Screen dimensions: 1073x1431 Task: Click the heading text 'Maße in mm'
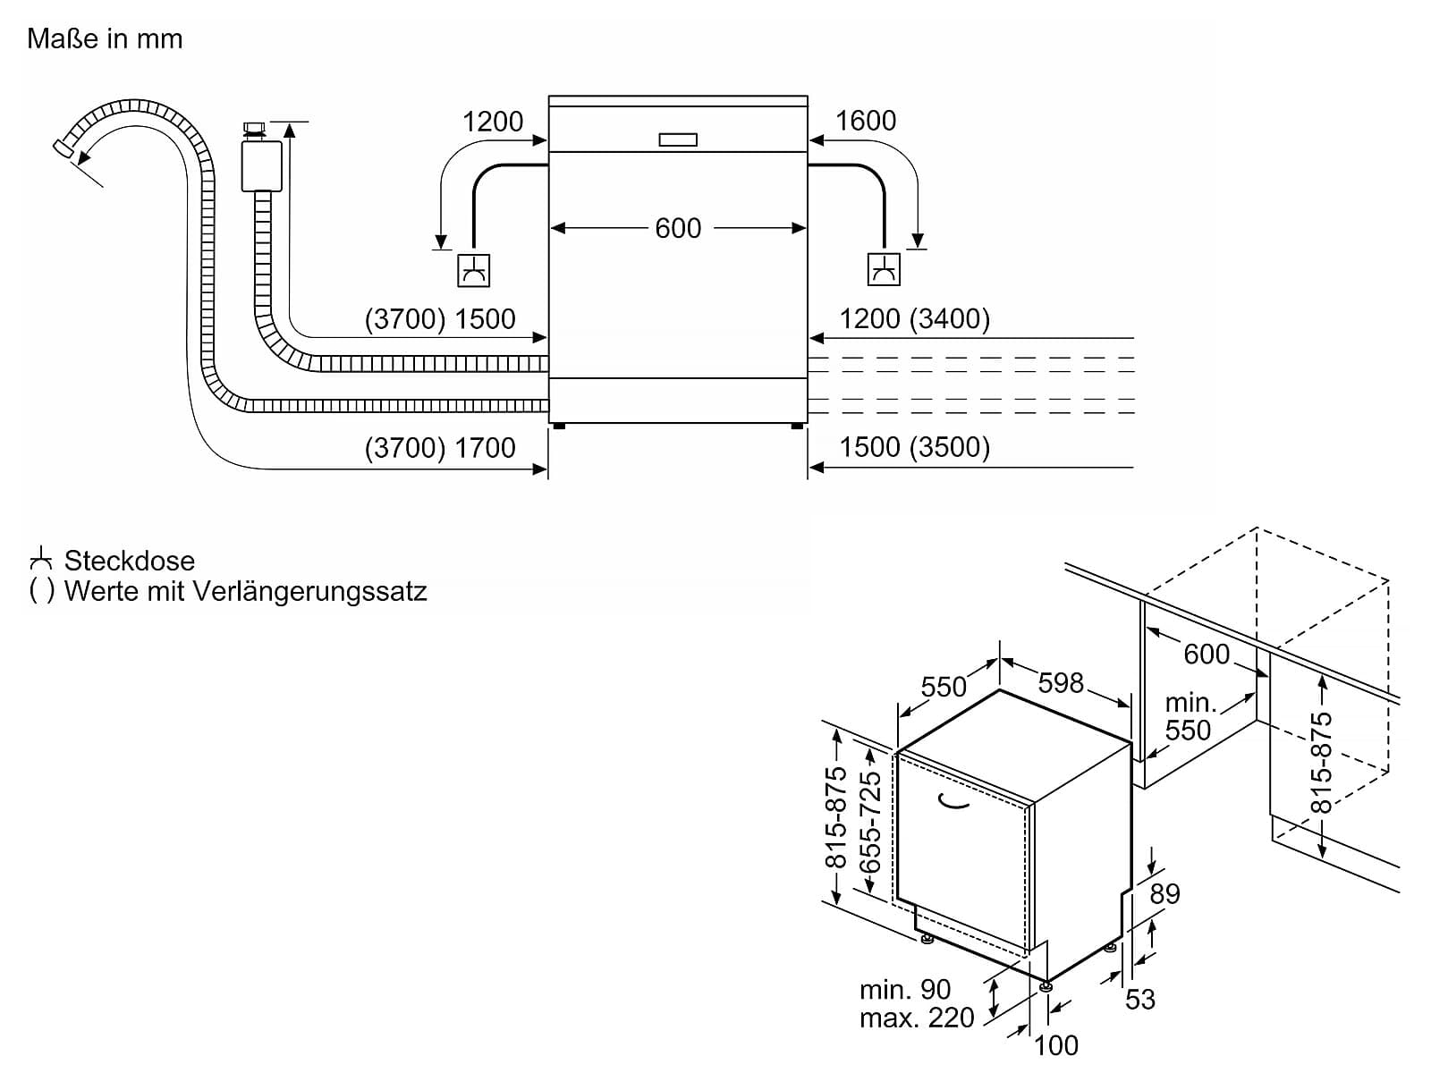[105, 38]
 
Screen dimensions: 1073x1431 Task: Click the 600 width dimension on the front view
[678, 228]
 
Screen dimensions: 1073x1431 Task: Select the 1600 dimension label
[865, 121]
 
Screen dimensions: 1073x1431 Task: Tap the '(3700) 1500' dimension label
[440, 319]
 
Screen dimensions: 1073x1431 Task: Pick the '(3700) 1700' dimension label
[440, 447]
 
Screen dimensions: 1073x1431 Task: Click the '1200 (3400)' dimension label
[914, 319]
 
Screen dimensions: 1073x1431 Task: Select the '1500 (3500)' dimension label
[914, 447]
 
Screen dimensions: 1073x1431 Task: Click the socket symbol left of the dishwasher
[473, 270]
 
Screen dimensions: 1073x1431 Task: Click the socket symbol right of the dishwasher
[884, 269]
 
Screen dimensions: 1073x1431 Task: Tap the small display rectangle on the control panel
[678, 139]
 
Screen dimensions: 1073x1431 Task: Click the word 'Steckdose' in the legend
[130, 561]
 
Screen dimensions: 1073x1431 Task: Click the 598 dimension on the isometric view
[1061, 683]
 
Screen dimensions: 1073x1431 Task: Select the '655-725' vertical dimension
[869, 822]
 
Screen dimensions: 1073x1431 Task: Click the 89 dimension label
[1164, 893]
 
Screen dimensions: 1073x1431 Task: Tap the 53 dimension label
[1140, 999]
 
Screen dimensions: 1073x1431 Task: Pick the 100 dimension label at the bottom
[1056, 1044]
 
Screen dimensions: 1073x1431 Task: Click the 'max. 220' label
[917, 1018]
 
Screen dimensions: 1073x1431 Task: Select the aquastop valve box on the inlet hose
[261, 165]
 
